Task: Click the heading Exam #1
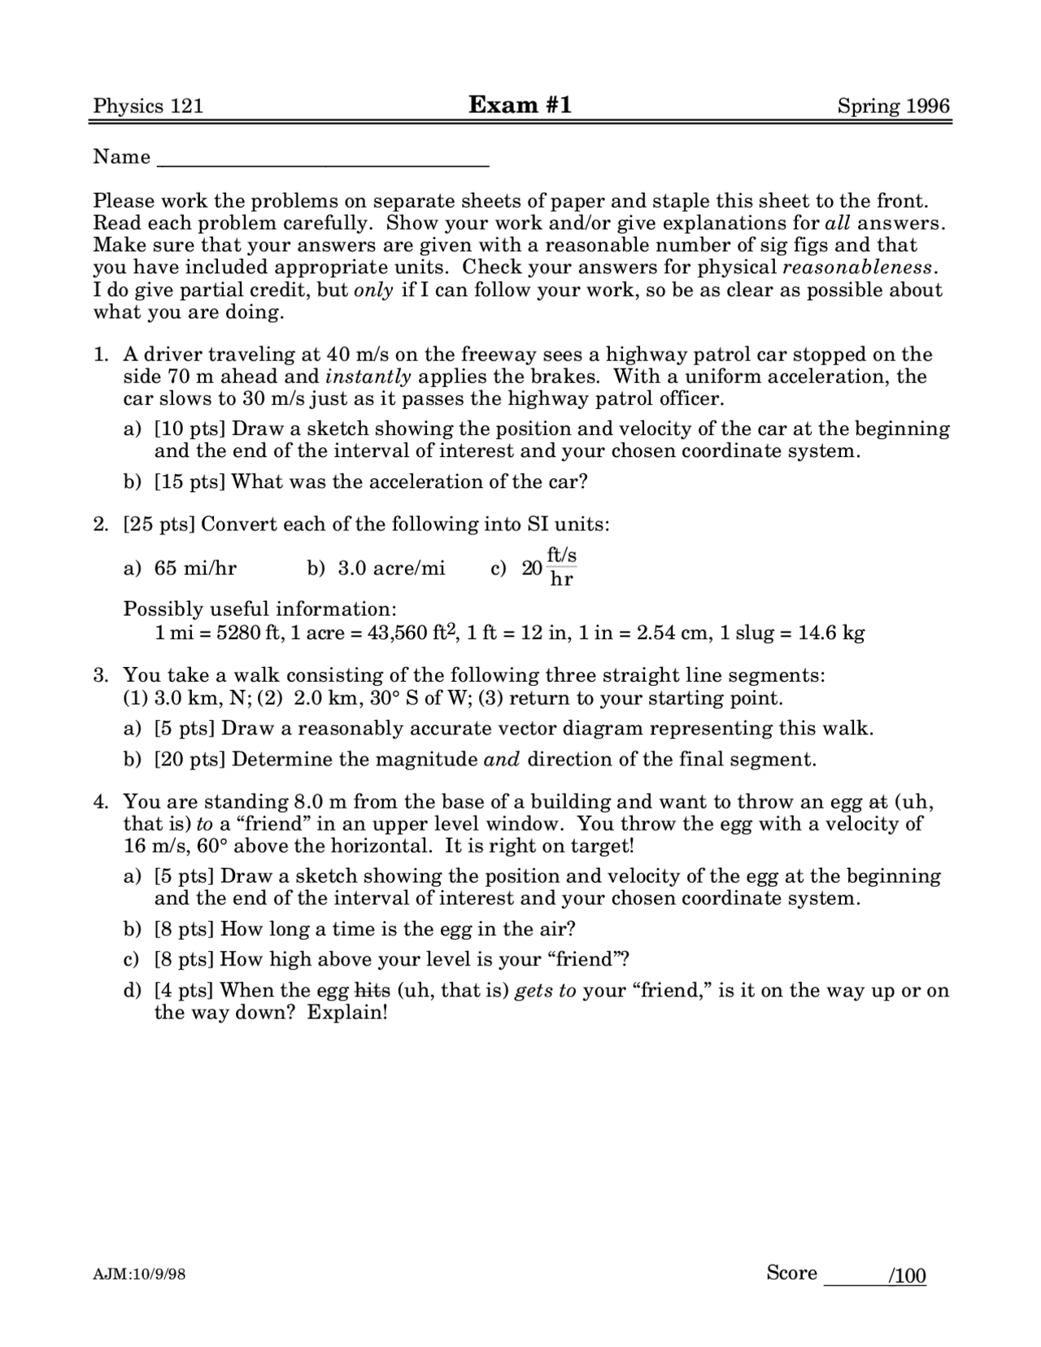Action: [520, 105]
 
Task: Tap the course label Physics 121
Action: [148, 107]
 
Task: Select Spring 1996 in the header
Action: [894, 107]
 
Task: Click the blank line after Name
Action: [322, 159]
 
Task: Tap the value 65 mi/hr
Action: [195, 568]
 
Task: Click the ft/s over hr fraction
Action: [561, 567]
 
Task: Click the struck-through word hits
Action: [372, 991]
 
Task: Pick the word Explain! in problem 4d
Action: [347, 1013]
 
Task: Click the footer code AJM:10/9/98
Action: [139, 1275]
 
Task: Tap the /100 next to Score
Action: [908, 1275]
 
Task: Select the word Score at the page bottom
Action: [791, 1273]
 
